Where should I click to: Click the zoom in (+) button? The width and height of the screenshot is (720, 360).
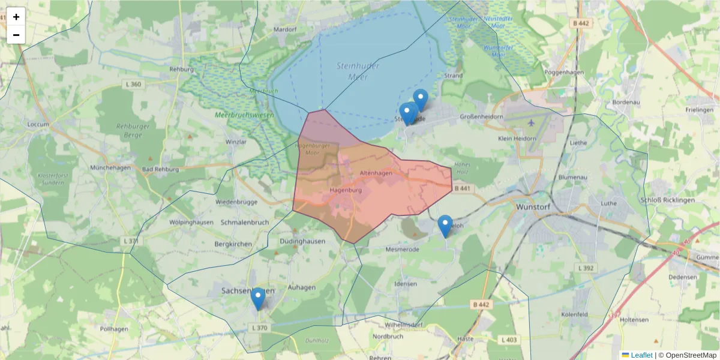tap(16, 17)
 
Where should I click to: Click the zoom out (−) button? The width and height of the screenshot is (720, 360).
tap(16, 35)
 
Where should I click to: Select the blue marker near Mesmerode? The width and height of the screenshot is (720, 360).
tap(445, 226)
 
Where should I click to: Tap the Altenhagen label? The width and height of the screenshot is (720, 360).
tap(376, 173)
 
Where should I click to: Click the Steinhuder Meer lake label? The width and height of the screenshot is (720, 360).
tap(358, 71)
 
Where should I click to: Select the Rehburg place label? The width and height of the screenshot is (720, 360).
tap(182, 70)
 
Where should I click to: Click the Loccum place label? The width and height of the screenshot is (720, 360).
tap(38, 124)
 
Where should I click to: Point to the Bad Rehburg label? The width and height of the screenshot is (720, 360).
tap(161, 169)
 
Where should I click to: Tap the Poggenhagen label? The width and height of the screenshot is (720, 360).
tap(563, 72)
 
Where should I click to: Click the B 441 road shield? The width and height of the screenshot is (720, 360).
tap(462, 188)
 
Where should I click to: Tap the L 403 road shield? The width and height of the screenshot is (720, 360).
tap(509, 340)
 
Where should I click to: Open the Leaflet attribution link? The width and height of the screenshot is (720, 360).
tap(641, 355)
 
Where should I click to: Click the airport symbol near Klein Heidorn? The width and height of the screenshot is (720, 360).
tap(531, 122)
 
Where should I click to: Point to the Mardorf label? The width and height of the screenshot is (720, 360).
tap(285, 29)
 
